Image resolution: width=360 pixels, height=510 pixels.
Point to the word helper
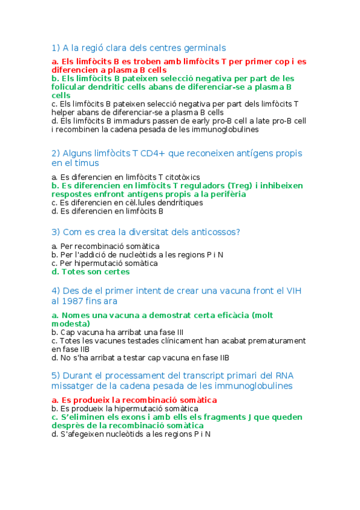click(x=64, y=112)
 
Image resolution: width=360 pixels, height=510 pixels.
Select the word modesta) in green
click(x=71, y=324)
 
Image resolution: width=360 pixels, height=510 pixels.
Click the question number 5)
click(x=56, y=376)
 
